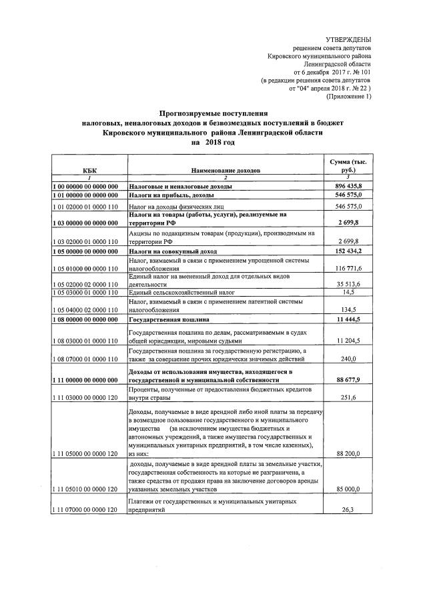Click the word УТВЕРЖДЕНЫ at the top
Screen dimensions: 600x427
(348, 41)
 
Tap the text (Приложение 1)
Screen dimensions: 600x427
(348, 97)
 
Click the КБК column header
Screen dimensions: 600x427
(85, 171)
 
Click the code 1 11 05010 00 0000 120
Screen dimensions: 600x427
(85, 488)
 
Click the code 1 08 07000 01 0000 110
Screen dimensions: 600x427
(85, 357)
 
